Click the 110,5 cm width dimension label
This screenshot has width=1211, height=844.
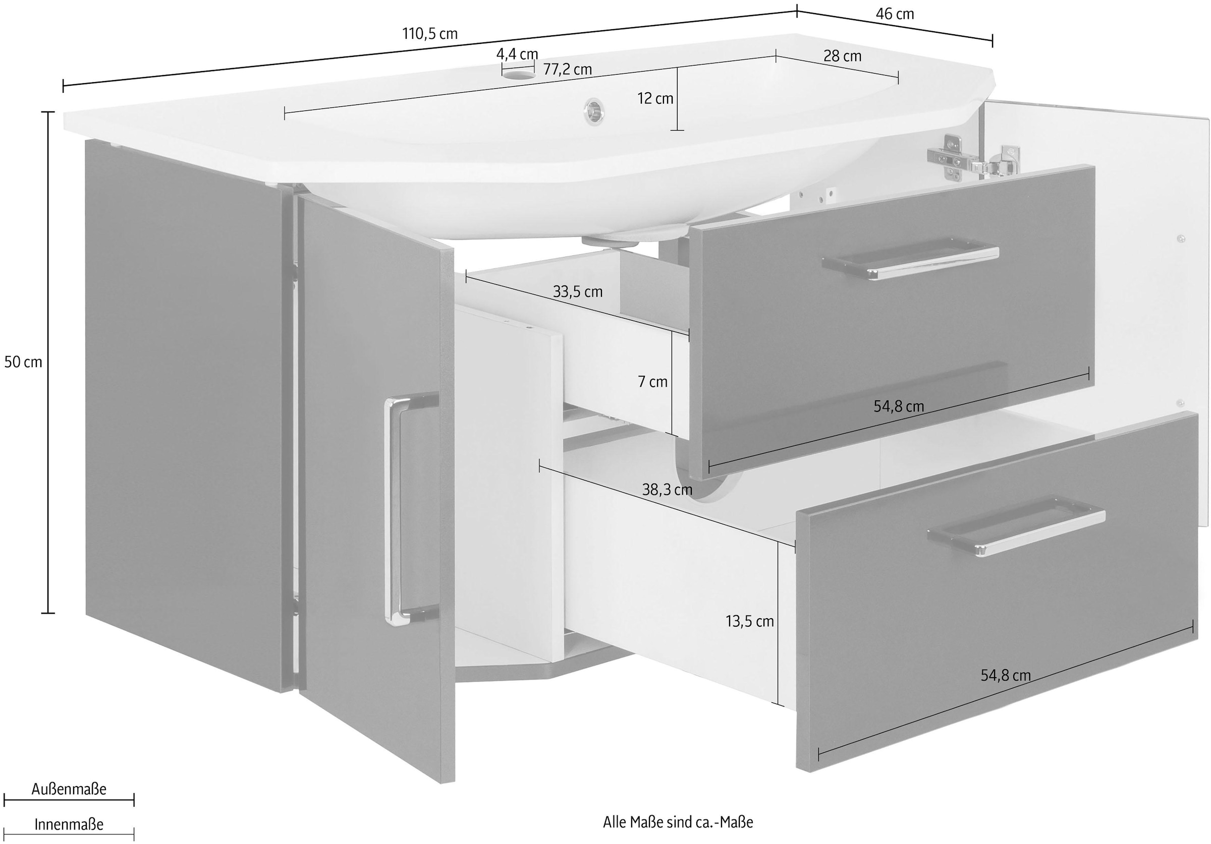click(x=430, y=34)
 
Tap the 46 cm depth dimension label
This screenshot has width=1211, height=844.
click(x=895, y=14)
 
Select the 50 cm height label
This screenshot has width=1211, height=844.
click(x=23, y=362)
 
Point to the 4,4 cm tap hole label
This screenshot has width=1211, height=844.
click(x=517, y=54)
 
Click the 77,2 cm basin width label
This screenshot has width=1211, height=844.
click(x=568, y=70)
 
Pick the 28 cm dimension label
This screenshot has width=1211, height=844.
click(x=842, y=56)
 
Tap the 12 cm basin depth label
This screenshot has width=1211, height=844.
click(x=655, y=99)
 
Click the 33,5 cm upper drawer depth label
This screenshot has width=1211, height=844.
click(x=578, y=291)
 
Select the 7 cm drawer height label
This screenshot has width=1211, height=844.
click(x=652, y=382)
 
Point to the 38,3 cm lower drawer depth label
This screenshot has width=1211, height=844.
click(x=667, y=490)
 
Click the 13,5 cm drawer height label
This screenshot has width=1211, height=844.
click(x=749, y=622)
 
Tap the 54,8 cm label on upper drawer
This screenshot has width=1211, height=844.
click(x=899, y=406)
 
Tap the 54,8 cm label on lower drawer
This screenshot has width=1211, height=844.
click(x=1005, y=675)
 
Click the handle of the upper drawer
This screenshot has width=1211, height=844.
click(x=910, y=261)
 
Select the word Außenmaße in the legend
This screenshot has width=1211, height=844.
click(x=69, y=789)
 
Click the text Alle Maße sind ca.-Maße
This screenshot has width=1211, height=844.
click(x=678, y=822)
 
